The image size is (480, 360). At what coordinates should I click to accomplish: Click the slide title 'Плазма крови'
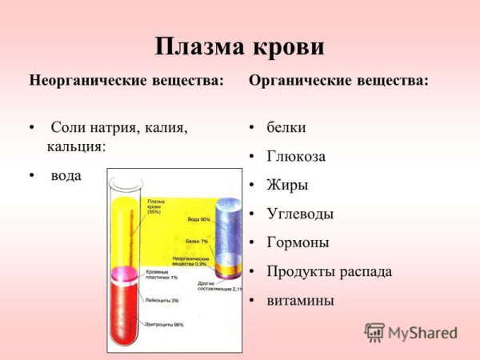pos(240,46)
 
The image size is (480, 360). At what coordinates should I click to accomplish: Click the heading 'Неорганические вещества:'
pos(126,82)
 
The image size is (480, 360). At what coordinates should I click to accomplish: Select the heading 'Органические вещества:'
pos(338,82)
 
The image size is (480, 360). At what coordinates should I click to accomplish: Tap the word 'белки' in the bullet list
pos(287,127)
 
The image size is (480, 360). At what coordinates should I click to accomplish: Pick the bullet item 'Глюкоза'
pos(296,156)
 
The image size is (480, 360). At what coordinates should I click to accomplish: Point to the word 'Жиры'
pos(287,185)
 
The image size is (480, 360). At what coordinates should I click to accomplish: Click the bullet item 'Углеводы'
pos(300,214)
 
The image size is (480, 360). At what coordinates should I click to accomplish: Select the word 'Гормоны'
pos(298,242)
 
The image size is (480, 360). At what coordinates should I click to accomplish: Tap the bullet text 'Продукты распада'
pos(330,271)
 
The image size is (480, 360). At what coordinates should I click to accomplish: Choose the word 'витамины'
pos(300,300)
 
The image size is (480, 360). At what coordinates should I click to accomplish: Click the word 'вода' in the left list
pos(66,175)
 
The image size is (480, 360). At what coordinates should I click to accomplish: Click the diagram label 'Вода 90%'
pos(198,218)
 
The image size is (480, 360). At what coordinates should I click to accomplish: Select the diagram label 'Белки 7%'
pos(198,241)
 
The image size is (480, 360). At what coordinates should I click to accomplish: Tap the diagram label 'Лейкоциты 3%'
pos(162,300)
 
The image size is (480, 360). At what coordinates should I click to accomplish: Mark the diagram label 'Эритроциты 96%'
pos(165,324)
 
